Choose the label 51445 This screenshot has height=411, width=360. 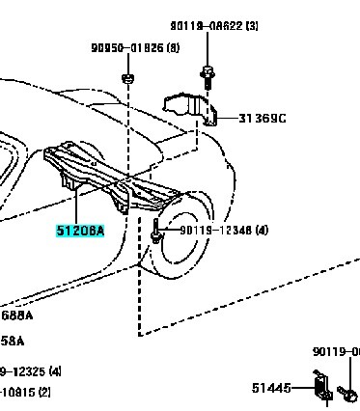click(x=272, y=388)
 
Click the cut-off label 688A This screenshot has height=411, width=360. click(x=17, y=315)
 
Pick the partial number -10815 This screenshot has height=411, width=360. click(x=19, y=392)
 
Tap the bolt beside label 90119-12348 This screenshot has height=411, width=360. click(x=155, y=231)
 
